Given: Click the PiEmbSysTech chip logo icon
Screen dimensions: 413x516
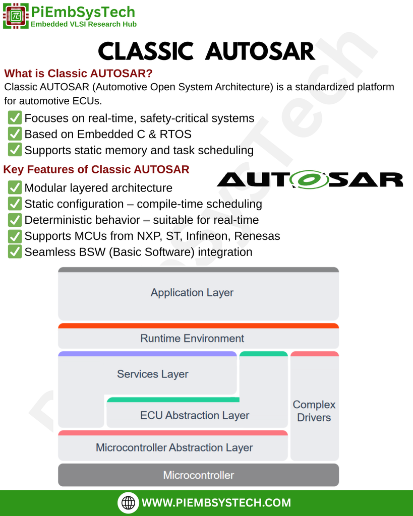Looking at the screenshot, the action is (x=16, y=16).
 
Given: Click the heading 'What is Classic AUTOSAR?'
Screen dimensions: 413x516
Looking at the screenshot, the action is (x=78, y=73).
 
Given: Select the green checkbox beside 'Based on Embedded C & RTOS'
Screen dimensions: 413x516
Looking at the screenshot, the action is (x=15, y=134).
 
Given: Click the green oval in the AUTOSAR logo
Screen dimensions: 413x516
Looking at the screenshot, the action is (x=309, y=179).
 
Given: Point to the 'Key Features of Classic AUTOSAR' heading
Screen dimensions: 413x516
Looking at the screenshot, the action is (x=96, y=169).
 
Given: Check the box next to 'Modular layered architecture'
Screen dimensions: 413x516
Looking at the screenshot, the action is (x=15, y=187).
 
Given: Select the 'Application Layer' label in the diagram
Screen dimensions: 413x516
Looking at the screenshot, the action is (x=192, y=292).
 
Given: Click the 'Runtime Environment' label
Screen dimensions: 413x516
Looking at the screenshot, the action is (x=192, y=338).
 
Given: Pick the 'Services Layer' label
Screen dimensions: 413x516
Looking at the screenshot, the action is (x=152, y=374).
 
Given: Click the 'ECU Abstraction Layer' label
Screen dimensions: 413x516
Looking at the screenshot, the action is (x=195, y=415).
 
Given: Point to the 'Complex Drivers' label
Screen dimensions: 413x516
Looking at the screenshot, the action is (x=314, y=411).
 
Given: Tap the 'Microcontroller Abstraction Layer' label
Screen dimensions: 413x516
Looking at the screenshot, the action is (x=174, y=447).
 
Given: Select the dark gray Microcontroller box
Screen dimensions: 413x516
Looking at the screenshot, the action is (x=199, y=475).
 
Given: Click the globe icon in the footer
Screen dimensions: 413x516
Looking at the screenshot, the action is (x=129, y=502).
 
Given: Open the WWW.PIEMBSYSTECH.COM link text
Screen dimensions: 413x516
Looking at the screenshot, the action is (x=216, y=502).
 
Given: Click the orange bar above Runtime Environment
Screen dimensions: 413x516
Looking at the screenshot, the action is (x=199, y=326).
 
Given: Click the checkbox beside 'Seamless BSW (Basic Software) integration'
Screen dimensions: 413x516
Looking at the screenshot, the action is (x=15, y=252).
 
